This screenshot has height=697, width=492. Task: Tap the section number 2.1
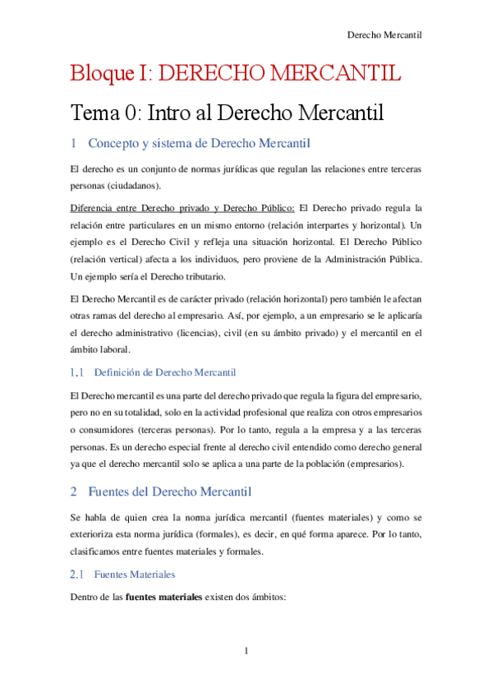[77, 574]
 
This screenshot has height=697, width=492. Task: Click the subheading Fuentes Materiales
[135, 574]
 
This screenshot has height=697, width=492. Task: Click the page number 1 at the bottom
[246, 651]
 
